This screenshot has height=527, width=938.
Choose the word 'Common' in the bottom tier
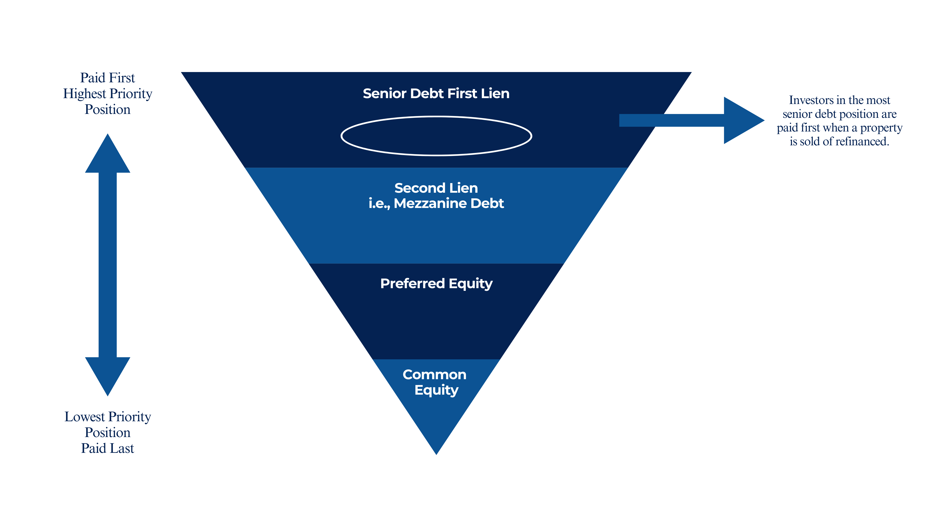434,375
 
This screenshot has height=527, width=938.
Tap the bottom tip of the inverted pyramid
436,451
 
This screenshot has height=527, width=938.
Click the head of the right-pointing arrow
743,120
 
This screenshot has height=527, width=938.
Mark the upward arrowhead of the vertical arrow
107,155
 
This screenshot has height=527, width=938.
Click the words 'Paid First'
107,78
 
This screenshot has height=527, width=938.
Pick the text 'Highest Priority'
107,94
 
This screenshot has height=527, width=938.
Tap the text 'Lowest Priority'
107,417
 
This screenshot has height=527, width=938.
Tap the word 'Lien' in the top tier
495,94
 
